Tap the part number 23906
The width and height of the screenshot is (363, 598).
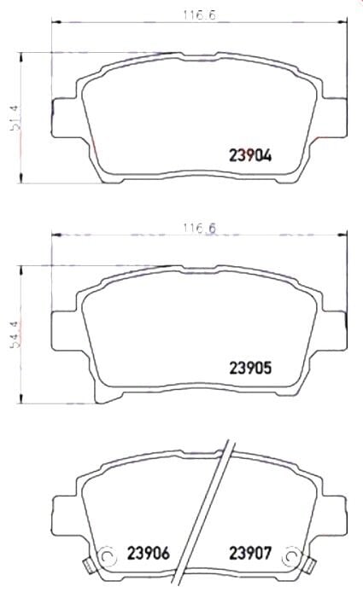point(149,553)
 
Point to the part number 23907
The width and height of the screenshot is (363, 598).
point(249,553)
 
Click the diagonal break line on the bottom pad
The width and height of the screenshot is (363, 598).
point(219,512)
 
